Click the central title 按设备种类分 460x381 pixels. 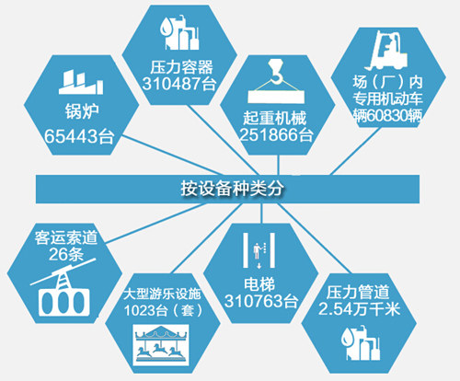(x=232, y=188)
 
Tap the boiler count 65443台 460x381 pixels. (x=79, y=136)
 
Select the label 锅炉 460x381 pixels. (x=82, y=111)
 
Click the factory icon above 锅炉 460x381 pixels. (x=81, y=82)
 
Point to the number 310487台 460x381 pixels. (x=179, y=83)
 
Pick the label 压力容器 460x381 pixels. (x=181, y=67)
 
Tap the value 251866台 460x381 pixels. (x=276, y=134)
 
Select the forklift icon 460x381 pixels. (x=387, y=50)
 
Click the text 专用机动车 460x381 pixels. (x=387, y=98)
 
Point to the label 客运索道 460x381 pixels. (x=66, y=237)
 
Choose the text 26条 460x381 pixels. (x=66, y=254)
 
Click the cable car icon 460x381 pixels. (x=63, y=288)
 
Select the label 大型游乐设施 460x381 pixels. (x=162, y=294)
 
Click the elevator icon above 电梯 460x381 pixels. (x=259, y=250)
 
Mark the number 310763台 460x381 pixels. (x=261, y=301)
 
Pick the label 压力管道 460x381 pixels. (x=358, y=292)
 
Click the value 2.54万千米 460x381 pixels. (x=359, y=308)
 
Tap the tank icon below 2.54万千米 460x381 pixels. (x=361, y=344)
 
